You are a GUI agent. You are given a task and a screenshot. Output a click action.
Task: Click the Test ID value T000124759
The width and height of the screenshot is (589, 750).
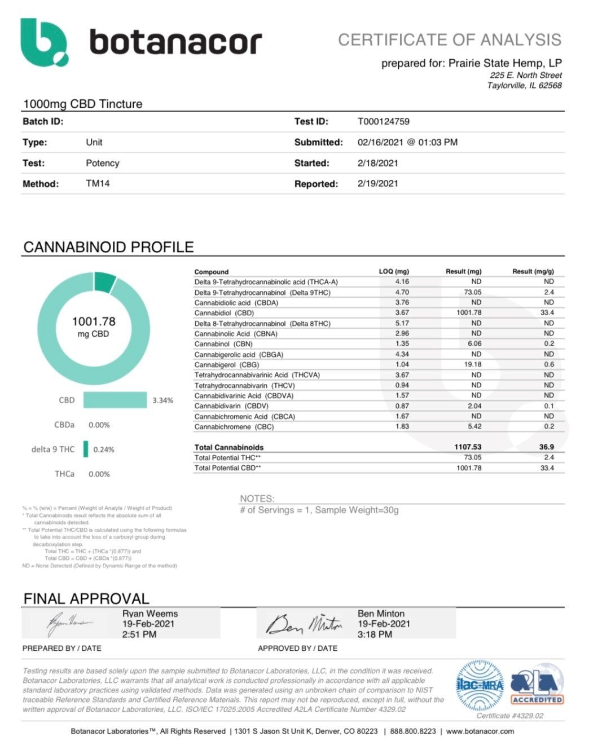[x=383, y=121]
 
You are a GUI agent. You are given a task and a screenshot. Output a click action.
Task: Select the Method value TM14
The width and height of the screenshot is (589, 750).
[x=98, y=183]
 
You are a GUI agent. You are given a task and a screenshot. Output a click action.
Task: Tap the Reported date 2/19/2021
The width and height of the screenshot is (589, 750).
[x=377, y=183]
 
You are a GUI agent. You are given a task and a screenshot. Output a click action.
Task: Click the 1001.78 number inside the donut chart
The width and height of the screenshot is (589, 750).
[x=94, y=321]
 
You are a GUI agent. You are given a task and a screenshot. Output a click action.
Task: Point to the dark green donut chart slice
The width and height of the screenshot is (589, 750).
[x=105, y=281]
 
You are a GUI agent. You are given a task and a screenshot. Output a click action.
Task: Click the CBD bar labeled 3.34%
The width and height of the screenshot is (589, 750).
[x=115, y=400]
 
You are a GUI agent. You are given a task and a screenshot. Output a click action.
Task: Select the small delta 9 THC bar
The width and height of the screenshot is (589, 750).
[x=86, y=449]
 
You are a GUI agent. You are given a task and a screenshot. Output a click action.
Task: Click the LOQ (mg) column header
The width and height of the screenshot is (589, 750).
[x=394, y=271]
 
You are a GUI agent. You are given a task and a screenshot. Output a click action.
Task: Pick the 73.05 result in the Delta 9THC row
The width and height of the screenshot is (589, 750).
[x=472, y=292]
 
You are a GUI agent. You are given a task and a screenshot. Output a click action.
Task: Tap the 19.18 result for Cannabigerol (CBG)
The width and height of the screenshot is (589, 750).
[x=472, y=364]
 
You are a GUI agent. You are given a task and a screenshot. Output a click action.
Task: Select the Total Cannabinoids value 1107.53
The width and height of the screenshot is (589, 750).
[x=468, y=447]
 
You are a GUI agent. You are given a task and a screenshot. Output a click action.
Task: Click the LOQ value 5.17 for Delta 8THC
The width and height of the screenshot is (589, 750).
[x=402, y=323]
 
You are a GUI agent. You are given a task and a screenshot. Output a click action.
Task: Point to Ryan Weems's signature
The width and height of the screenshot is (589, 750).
[x=69, y=623]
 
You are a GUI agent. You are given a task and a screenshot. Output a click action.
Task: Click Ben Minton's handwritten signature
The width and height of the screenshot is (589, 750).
[x=304, y=623]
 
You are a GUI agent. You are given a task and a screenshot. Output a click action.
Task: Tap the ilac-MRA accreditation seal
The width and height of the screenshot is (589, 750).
[x=480, y=685]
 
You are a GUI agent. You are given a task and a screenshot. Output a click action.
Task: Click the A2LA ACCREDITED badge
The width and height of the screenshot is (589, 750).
[x=537, y=685]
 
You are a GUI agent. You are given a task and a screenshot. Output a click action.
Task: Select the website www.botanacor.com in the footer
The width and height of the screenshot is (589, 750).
[x=480, y=731]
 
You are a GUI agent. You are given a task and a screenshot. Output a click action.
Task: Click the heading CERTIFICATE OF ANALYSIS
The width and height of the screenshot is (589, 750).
[x=450, y=40]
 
